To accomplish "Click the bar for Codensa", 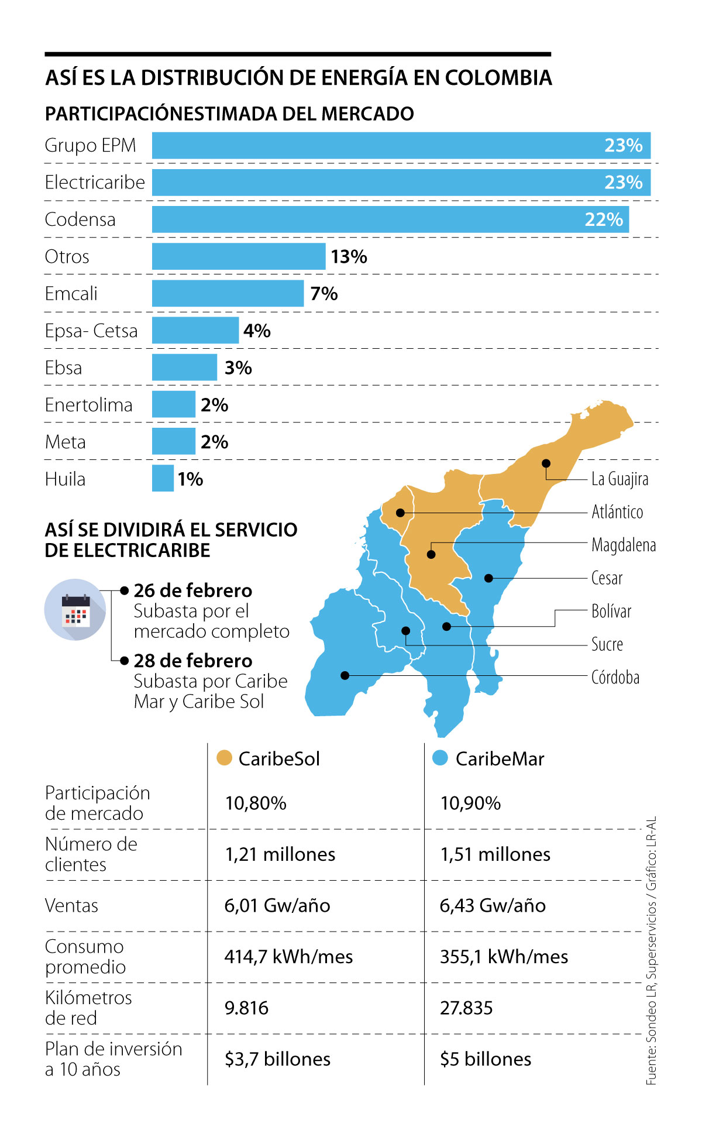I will [390, 219].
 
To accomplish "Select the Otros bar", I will [239, 256].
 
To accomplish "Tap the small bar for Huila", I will [163, 479].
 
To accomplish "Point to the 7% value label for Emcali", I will [324, 294].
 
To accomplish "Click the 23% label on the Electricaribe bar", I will [623, 183].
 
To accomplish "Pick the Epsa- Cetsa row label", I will [91, 331].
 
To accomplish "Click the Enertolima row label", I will [89, 405].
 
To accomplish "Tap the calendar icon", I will [75, 609].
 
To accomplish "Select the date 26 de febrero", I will [193, 590].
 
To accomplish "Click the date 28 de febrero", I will [193, 661].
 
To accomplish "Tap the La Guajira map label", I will [620, 479].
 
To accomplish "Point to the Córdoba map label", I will [615, 678].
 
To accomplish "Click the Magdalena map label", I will [624, 545].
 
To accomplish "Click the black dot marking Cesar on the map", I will [489, 578].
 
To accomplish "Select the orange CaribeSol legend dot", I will [225, 758].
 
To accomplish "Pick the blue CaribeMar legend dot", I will [440, 758].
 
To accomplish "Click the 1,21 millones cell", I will [280, 854].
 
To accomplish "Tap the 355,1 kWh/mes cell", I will [504, 957].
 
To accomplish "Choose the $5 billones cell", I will [486, 1059].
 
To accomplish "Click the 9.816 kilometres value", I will [246, 1008].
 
